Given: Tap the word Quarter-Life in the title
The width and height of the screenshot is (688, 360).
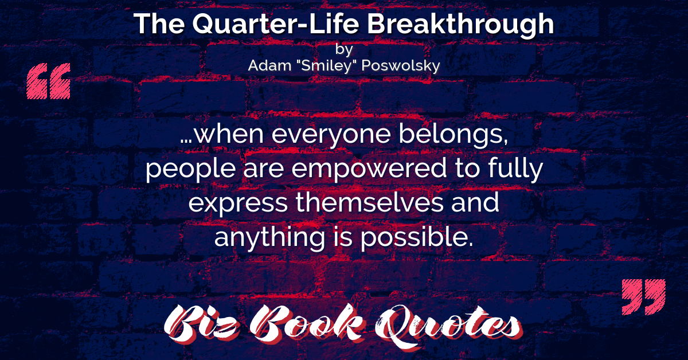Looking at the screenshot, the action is click(276, 25).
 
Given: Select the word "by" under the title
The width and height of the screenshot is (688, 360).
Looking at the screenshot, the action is click(344, 50).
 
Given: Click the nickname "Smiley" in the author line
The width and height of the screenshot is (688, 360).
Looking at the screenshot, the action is click(326, 66).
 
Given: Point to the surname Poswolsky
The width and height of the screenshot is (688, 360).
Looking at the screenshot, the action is click(401, 66).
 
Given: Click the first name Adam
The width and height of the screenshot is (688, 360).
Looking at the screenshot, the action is click(269, 65).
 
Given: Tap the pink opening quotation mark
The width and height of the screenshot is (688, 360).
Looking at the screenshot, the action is click(49, 81).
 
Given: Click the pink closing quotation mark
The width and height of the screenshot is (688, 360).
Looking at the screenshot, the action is click(644, 297).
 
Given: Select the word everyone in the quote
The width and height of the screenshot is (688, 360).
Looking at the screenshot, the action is click(331, 136).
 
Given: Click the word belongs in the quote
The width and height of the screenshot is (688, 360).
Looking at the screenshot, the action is click(454, 135).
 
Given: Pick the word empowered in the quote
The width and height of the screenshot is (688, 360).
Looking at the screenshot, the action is click(369, 170).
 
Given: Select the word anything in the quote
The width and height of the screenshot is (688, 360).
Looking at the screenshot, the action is click(269, 238).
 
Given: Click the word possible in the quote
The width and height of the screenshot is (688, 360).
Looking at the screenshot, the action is click(417, 238).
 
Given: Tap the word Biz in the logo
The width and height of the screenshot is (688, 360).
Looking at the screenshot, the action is click(202, 324).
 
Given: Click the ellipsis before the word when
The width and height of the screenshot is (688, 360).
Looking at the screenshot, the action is click(186, 141).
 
